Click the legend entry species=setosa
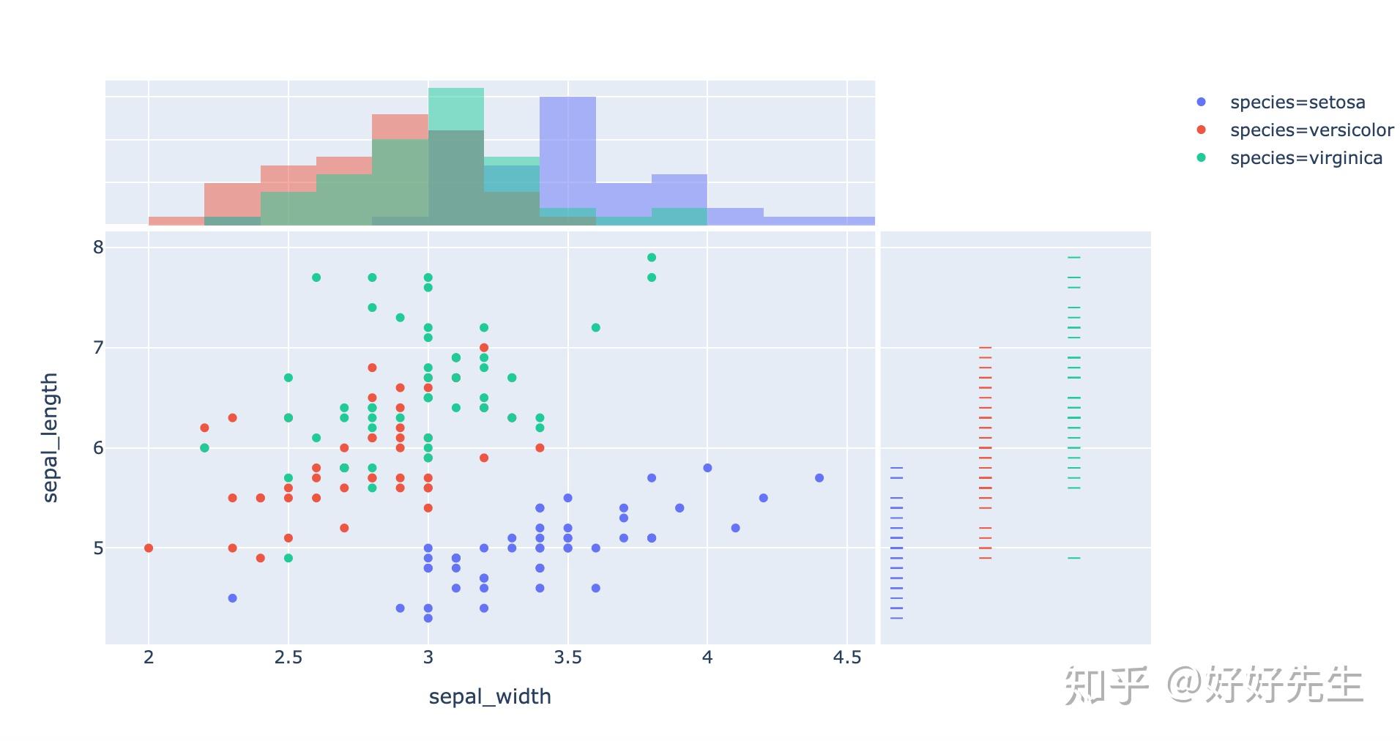(1297, 103)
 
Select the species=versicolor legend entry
(1311, 130)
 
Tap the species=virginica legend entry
(1306, 158)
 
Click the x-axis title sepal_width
(489, 696)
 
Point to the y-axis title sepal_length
(50, 437)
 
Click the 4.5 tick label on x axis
(846, 658)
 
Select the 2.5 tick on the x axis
(288, 658)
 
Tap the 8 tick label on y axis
(98, 247)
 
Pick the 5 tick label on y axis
(98, 548)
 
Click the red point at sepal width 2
(149, 548)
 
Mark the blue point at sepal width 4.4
(819, 477)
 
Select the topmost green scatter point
(652, 257)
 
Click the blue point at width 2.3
(233, 598)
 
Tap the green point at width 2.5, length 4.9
(288, 558)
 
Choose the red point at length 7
(484, 348)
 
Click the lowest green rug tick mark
(1073, 558)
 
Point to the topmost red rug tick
(985, 348)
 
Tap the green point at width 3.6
(596, 327)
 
